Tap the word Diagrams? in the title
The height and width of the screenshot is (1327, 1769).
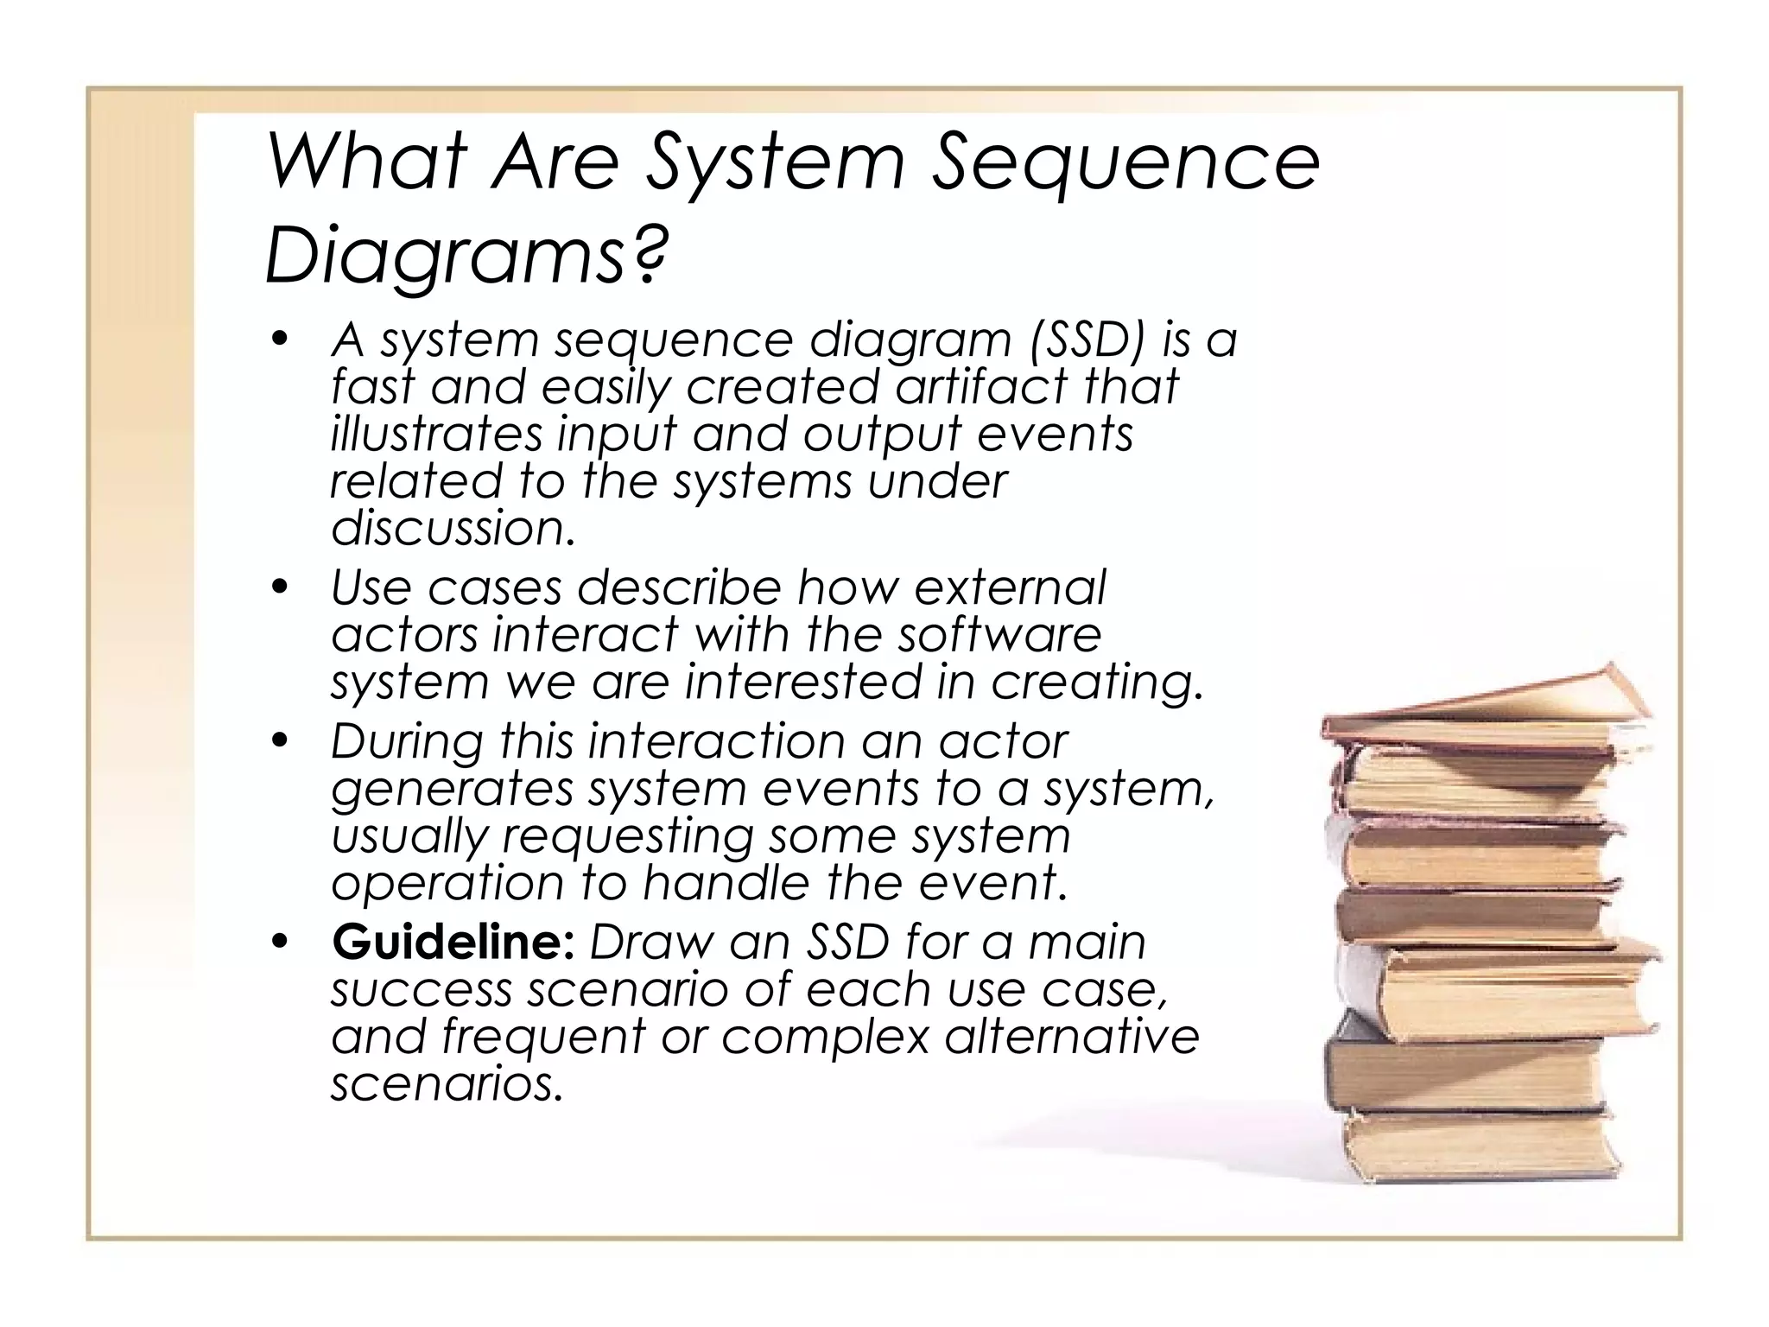click(466, 255)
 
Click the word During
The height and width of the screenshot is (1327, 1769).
click(406, 741)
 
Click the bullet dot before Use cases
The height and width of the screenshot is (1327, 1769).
click(278, 589)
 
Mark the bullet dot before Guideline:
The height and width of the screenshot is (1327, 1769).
click(278, 943)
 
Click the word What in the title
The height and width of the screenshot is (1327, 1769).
click(367, 164)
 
